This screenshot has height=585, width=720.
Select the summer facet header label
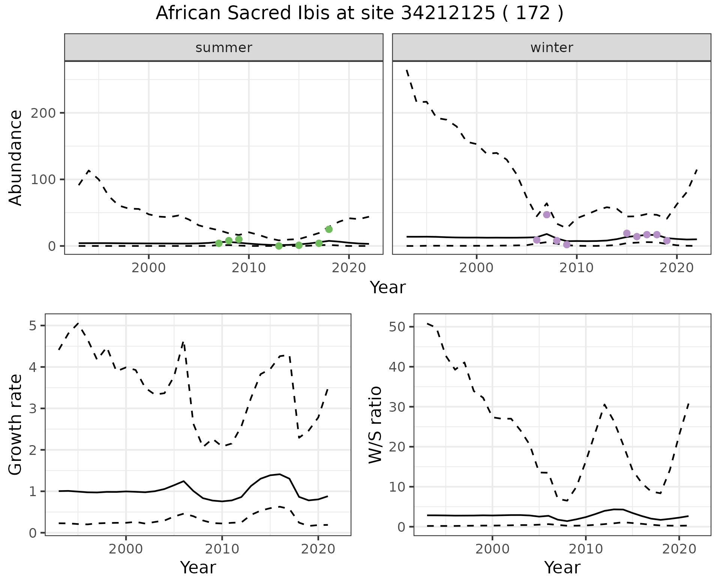tap(224, 48)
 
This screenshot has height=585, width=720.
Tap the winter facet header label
tap(552, 48)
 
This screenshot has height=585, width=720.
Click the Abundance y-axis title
tap(16, 158)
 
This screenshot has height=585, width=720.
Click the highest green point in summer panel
tap(329, 229)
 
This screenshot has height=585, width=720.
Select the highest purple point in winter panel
tap(547, 214)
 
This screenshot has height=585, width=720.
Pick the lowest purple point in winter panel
tap(567, 244)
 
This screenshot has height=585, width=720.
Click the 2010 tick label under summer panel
tap(249, 268)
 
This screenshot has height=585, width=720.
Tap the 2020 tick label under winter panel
tap(676, 268)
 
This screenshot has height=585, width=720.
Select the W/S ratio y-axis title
tap(375, 424)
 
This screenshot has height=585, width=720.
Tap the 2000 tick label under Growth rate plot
tap(126, 549)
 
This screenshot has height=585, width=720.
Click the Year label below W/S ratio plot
tap(562, 567)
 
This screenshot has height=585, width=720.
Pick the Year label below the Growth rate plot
tap(198, 567)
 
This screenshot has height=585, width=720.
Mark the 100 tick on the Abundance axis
tap(42, 179)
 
